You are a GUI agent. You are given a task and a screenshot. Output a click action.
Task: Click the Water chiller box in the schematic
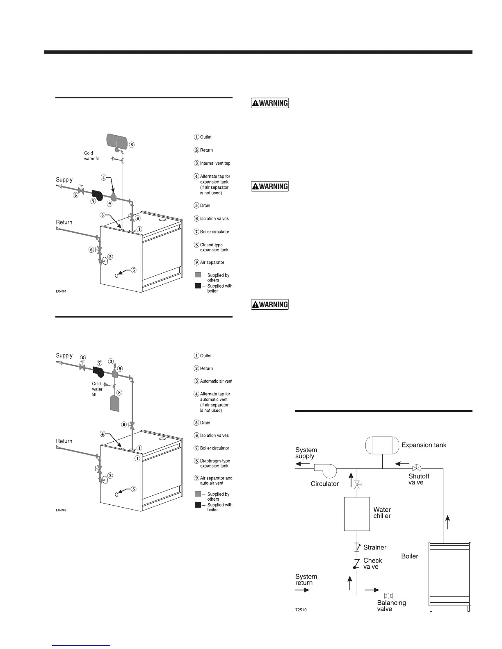tap(357, 514)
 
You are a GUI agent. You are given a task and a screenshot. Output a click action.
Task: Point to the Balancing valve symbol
tap(388, 596)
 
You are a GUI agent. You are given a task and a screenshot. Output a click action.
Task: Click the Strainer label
tap(375, 547)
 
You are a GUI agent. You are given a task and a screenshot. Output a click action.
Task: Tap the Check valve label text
tap(372, 563)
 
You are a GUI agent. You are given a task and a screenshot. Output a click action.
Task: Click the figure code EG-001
tap(61, 291)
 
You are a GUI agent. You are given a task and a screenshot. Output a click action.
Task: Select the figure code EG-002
tap(61, 510)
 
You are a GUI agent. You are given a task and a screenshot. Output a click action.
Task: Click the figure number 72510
tap(301, 610)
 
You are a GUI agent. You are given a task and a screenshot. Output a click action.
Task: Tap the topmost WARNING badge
tap(270, 103)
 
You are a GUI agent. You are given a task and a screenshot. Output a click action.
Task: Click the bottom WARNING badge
tap(270, 304)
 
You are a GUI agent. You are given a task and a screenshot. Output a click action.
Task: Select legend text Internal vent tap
tap(215, 163)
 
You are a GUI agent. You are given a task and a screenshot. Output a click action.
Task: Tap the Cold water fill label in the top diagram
tap(92, 156)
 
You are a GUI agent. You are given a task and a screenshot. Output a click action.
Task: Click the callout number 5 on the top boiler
tap(134, 270)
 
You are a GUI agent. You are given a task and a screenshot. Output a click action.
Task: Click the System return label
tap(306, 579)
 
